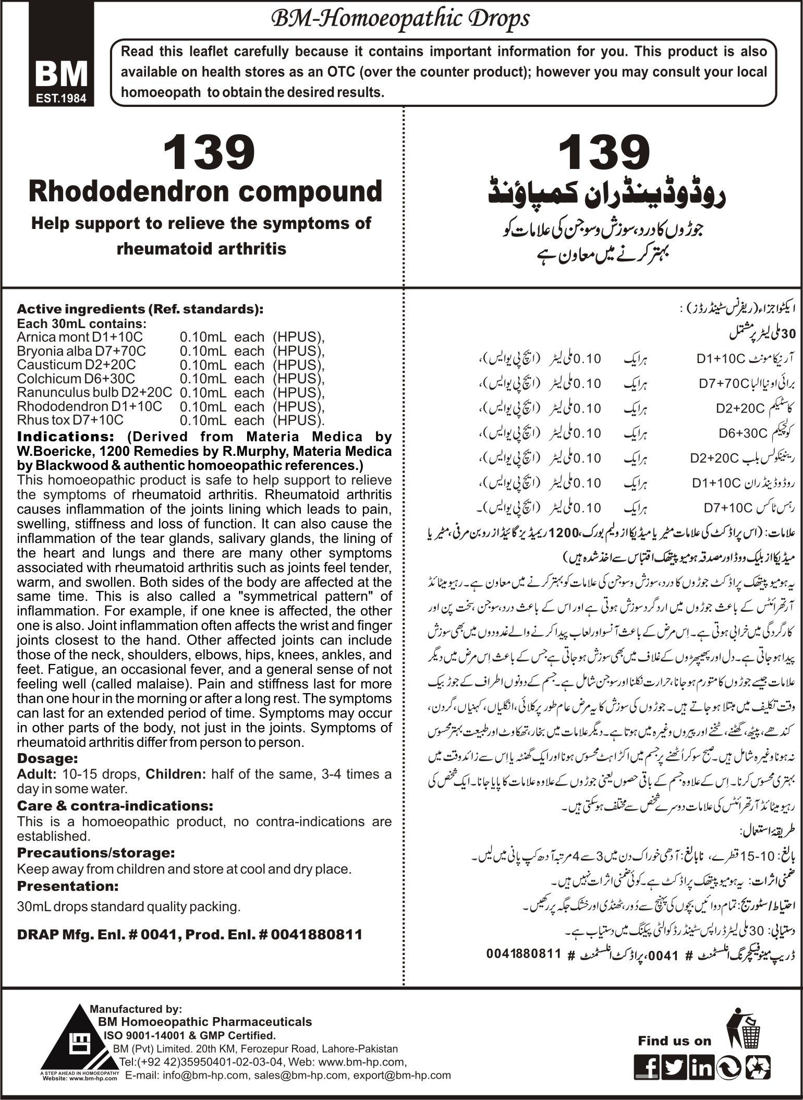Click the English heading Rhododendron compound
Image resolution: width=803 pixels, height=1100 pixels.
tap(206, 191)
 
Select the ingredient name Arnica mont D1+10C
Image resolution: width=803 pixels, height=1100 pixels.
tap(80, 337)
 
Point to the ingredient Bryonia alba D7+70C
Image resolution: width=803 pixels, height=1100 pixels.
tap(81, 351)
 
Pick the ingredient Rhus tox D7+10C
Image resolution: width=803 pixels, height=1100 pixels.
tap(71, 420)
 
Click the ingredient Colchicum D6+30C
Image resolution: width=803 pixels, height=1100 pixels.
tap(76, 379)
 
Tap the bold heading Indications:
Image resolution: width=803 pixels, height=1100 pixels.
tap(63, 436)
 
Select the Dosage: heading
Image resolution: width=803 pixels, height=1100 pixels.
tap(47, 758)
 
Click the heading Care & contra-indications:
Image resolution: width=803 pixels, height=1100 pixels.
tap(115, 805)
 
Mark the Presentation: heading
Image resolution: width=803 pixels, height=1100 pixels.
tap(68, 886)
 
